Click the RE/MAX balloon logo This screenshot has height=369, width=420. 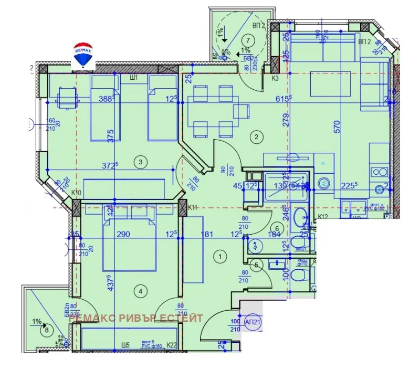point(83,54)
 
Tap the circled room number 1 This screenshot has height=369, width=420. point(220,256)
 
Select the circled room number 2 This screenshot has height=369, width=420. point(257,138)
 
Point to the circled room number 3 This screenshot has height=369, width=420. point(140,162)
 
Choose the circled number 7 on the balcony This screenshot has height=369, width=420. point(248,39)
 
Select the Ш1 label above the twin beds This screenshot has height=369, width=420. point(134,78)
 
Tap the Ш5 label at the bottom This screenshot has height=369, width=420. point(125,345)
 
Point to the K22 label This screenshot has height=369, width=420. point(172,345)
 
